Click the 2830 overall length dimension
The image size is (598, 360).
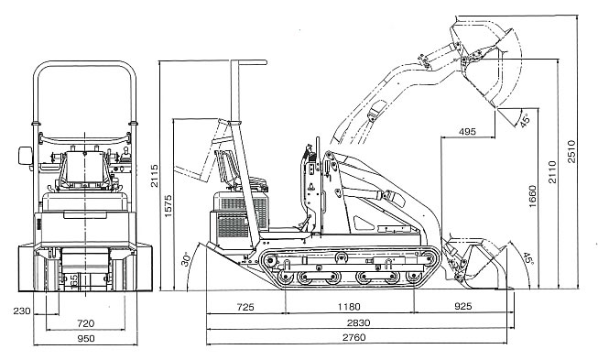click(x=358, y=323)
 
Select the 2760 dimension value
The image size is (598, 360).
click(x=353, y=337)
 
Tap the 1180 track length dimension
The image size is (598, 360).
click(x=349, y=307)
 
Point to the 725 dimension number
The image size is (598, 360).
click(x=245, y=307)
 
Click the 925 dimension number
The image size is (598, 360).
click(x=463, y=306)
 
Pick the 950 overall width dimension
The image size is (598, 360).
click(x=86, y=338)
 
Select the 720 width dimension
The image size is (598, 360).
click(x=85, y=323)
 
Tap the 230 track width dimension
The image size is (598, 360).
click(x=22, y=311)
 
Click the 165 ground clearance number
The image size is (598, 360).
click(x=74, y=280)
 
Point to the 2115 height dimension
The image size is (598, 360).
click(x=154, y=176)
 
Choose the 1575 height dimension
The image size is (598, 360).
click(x=168, y=206)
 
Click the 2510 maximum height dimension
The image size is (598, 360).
click(x=571, y=151)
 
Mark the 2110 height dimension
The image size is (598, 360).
click(x=552, y=172)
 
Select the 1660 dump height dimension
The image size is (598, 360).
click(x=532, y=196)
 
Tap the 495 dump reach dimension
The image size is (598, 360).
click(x=467, y=132)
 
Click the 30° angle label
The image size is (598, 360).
click(x=186, y=259)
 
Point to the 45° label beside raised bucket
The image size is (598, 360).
click(x=525, y=120)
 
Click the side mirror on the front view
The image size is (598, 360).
click(x=25, y=156)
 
